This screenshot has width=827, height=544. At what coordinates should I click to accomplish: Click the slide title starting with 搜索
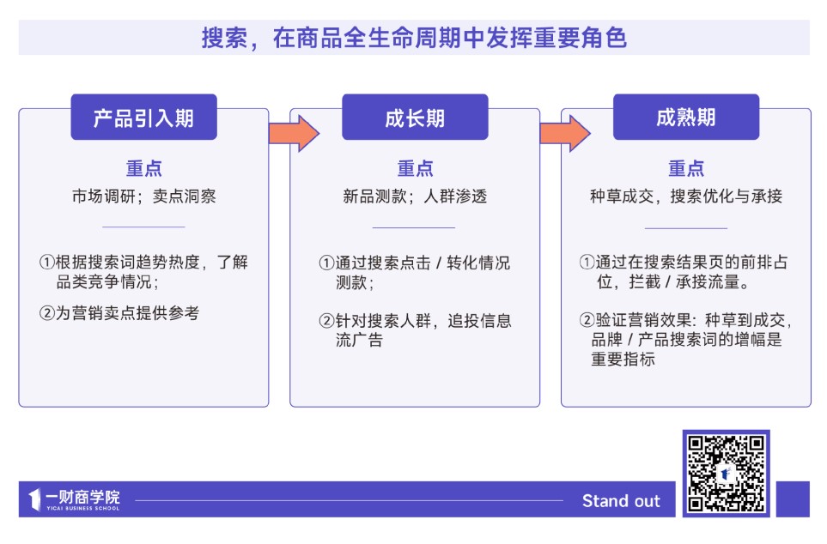pos(413,38)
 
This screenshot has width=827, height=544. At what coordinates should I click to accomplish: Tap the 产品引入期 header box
pos(143,118)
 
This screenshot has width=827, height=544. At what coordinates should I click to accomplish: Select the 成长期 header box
pos(415,118)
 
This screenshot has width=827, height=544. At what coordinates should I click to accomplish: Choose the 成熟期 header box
pos(685,118)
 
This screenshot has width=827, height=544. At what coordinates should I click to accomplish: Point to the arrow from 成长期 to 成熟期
pos(564,133)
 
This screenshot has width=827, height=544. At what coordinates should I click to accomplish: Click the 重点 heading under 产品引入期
pos(143,169)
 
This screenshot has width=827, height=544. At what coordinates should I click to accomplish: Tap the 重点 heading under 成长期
pos(415,169)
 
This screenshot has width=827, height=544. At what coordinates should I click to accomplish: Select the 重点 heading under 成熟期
pos(686,169)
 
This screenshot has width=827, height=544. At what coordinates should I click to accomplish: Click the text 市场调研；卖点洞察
pos(143,196)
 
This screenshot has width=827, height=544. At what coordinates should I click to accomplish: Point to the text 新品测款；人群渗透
pos(415,196)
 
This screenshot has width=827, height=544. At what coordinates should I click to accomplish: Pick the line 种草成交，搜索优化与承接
pos(686,196)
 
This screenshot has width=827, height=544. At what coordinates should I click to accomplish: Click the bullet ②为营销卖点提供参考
pos(119,313)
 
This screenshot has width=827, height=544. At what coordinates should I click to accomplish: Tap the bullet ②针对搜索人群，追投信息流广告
pos(415,330)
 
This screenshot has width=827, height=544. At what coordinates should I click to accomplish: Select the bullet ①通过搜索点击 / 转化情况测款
pos(415,272)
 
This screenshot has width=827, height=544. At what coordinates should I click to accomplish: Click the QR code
pos(726,473)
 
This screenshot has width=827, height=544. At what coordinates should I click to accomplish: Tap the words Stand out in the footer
pos(621,501)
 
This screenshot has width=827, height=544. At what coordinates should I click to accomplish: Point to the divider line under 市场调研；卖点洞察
pos(143,227)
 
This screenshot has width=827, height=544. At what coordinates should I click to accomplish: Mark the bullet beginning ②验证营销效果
pos(686,340)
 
